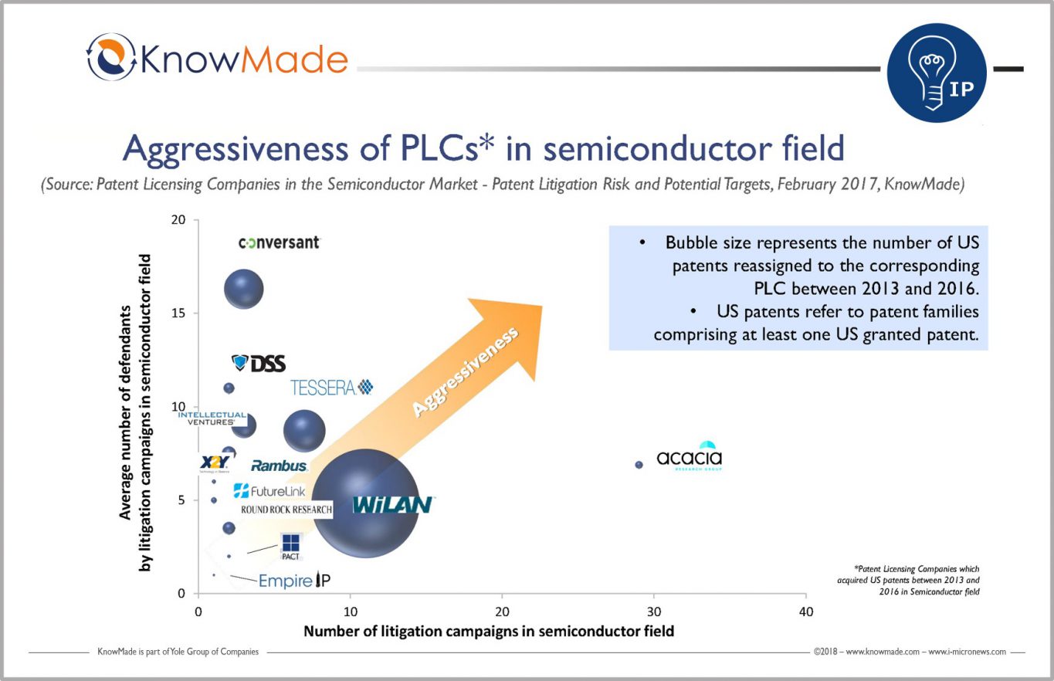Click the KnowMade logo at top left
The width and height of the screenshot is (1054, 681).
[217, 58]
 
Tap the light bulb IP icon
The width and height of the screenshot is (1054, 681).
[937, 73]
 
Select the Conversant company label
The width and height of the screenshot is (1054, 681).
[280, 243]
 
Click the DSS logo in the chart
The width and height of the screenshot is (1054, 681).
[259, 364]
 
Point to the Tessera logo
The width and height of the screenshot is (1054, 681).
[332, 388]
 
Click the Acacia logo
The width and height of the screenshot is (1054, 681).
[690, 456]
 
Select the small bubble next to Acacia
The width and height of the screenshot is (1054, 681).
[639, 465]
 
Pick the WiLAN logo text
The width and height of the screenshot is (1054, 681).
[392, 504]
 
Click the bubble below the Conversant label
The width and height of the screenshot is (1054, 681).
[244, 289]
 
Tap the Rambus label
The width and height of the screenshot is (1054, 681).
[279, 466]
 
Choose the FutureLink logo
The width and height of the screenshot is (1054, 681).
[269, 491]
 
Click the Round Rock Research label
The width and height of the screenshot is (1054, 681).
[286, 510]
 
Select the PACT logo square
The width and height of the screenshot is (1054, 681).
[290, 543]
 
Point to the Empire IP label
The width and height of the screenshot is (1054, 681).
[294, 581]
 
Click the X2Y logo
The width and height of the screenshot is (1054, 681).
[215, 462]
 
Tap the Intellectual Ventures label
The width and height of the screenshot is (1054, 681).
[212, 418]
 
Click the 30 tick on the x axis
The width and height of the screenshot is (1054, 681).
[654, 612]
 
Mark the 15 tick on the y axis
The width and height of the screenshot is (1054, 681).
[178, 313]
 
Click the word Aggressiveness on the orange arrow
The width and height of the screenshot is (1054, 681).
[466, 371]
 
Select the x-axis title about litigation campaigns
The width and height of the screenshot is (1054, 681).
[489, 631]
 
